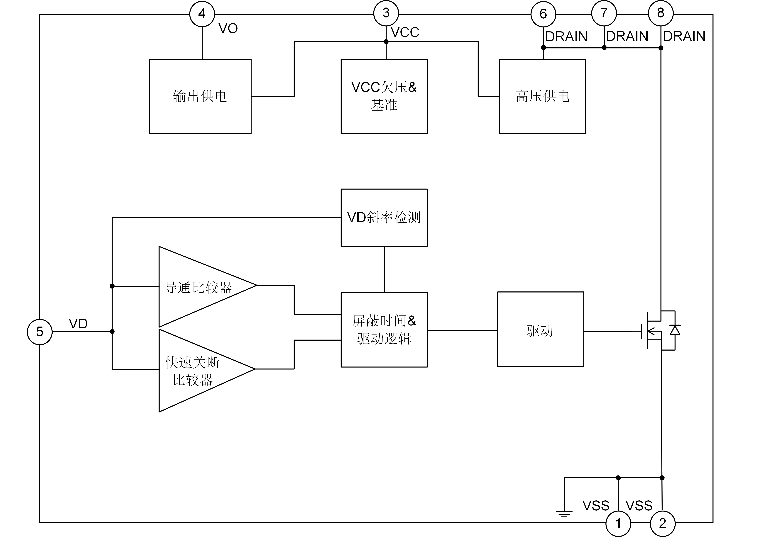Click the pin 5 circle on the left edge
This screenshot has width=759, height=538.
tap(39, 332)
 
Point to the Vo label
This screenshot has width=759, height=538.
tap(228, 29)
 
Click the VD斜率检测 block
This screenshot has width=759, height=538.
tap(384, 218)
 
